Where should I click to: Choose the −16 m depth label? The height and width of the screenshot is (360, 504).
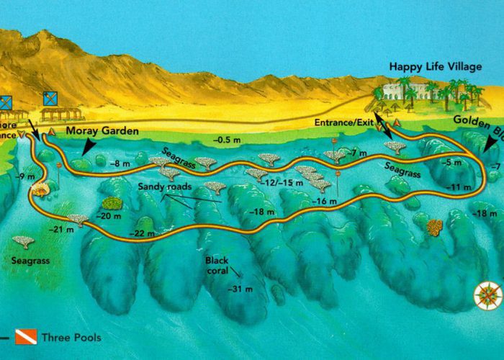[x=325, y=201]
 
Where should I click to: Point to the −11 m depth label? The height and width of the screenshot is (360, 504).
[x=459, y=188]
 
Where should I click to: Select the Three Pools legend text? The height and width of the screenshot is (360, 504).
[x=71, y=337]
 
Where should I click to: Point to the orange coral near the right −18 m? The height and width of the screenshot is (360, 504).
[x=434, y=228]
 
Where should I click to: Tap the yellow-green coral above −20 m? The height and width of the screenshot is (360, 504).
[x=112, y=204]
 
